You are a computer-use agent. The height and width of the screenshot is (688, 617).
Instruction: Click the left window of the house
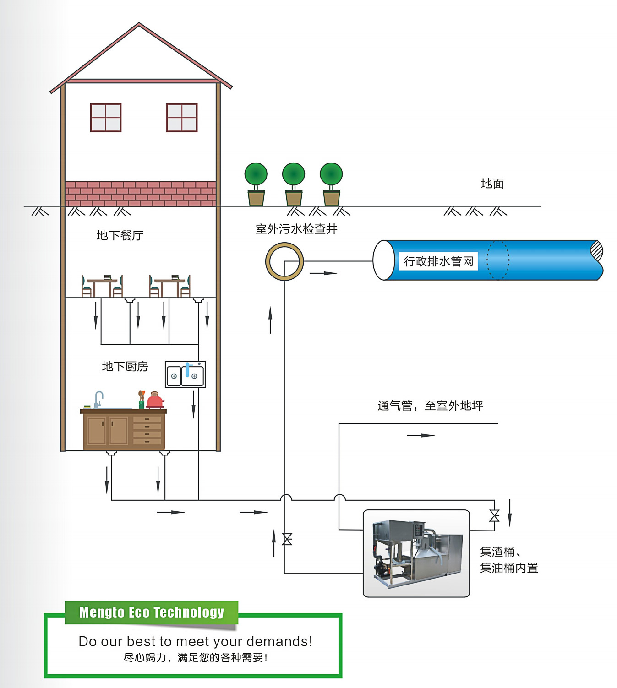[106, 118]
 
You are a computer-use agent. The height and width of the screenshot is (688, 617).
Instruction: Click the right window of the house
[182, 118]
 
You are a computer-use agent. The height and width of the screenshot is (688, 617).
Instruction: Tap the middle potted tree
[294, 184]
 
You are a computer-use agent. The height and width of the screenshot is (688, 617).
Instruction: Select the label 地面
[492, 184]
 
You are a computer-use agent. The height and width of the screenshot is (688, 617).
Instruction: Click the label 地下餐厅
[120, 235]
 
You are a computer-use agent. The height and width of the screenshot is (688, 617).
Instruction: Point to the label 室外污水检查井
[296, 229]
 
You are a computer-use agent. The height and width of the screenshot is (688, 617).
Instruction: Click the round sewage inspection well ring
[284, 261]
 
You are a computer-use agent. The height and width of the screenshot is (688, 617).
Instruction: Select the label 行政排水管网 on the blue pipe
[438, 261]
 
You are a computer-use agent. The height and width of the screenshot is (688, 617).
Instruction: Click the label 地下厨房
[125, 366]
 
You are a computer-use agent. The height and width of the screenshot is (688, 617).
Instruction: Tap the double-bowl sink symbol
[185, 374]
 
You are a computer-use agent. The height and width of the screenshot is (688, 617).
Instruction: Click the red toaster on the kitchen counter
[155, 401]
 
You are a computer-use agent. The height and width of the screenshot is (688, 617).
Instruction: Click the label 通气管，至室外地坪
[430, 406]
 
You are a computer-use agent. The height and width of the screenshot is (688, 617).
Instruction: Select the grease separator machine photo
[416, 553]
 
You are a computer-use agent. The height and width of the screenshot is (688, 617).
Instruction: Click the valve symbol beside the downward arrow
[494, 515]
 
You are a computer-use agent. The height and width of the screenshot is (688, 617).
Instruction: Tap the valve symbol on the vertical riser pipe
[287, 539]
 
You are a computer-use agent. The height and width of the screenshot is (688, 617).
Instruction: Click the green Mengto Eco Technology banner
[151, 612]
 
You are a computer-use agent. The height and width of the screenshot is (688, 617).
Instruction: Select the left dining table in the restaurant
[102, 286]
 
